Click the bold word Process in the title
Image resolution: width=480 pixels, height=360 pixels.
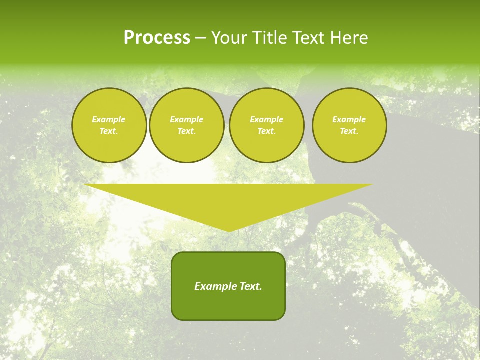click(x=157, y=38)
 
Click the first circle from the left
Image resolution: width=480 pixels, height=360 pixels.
click(x=109, y=125)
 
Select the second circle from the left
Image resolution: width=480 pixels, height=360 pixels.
click(x=187, y=125)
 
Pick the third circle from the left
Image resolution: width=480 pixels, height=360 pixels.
click(x=267, y=125)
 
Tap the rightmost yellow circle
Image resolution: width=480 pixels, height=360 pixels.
click(x=349, y=125)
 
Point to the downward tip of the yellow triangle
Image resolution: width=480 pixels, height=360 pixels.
click(x=229, y=230)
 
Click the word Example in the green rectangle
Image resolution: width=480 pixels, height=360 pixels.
click(x=215, y=286)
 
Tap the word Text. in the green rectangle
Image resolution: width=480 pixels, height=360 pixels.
click(x=250, y=286)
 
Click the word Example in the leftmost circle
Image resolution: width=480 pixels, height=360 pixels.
click(x=109, y=119)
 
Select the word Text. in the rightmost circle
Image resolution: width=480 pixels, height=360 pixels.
click(x=349, y=131)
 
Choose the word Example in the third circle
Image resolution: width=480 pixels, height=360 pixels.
click(x=267, y=119)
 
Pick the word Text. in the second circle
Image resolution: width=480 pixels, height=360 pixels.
click(x=187, y=131)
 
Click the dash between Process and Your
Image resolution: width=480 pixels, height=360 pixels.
click(x=201, y=38)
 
